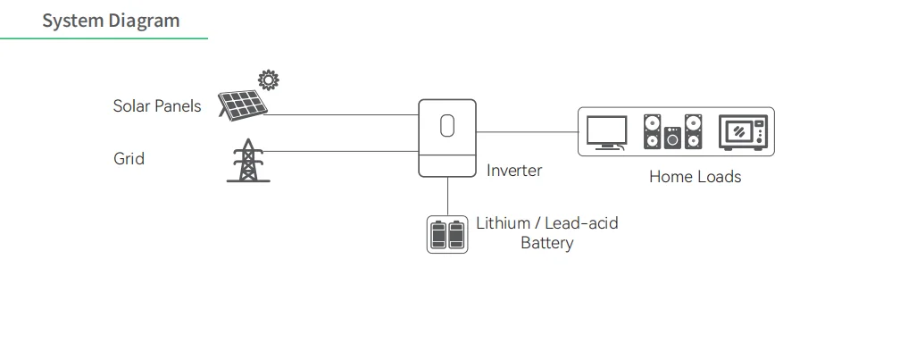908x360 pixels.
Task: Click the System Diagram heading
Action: [x=111, y=20]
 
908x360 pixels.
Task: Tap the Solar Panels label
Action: [x=157, y=106]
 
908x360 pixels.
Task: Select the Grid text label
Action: [x=129, y=159]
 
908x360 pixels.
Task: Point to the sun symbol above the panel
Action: [x=268, y=80]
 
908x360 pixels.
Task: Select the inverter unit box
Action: [x=447, y=138]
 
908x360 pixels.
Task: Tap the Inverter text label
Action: [x=513, y=171]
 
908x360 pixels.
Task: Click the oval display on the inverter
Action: [x=447, y=128]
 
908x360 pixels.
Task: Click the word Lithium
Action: [x=503, y=223]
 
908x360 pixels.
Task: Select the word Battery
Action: [x=546, y=243]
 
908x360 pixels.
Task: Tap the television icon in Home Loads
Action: [x=607, y=133]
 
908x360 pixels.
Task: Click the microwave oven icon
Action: [x=743, y=132]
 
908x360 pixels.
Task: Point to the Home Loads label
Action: [x=695, y=177]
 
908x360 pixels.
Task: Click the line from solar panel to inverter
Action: [x=344, y=115]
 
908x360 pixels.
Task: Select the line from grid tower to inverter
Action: [x=344, y=150]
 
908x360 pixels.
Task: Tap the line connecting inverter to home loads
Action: [x=527, y=132]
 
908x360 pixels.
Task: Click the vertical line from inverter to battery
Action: [x=447, y=195]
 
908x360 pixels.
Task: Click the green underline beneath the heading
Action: [x=104, y=38]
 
